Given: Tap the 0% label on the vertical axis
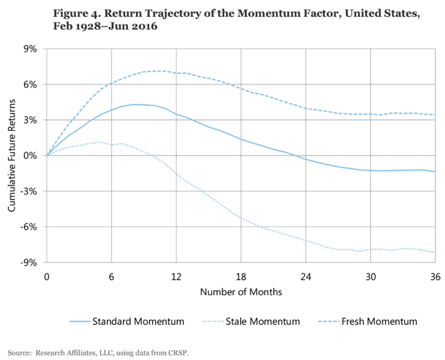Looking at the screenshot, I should click(x=32, y=156).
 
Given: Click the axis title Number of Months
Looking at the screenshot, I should click(x=241, y=292).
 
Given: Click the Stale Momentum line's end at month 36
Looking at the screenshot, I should click(x=435, y=253).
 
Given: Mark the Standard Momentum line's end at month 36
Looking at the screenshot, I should click(x=435, y=172).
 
